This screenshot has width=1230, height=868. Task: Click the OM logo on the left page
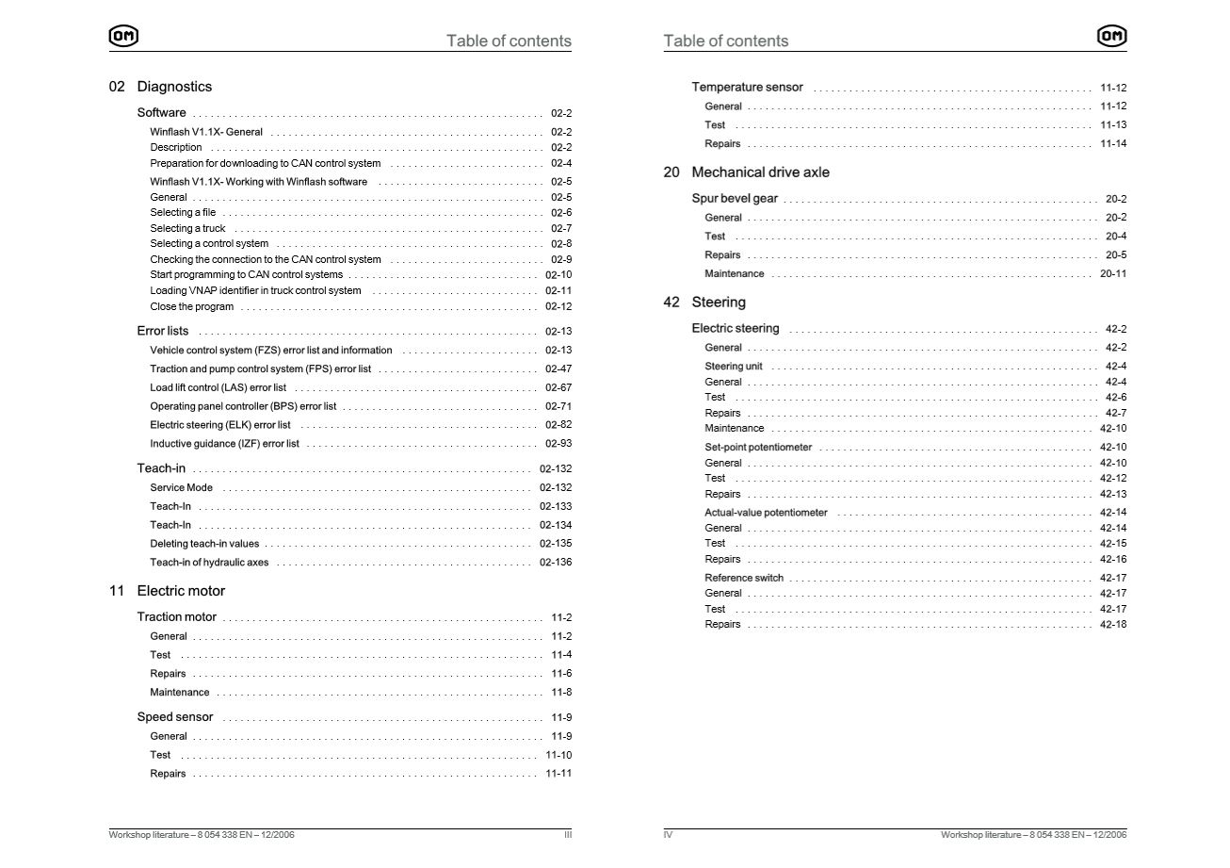[123, 37]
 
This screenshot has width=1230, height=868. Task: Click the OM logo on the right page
[1111, 37]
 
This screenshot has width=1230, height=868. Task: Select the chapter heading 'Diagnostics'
[174, 87]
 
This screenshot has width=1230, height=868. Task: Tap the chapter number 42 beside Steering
[672, 303]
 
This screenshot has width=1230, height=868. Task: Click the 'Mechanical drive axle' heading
[760, 172]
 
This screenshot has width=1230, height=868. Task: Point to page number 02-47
[558, 369]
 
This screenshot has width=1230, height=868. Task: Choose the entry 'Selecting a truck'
[187, 228]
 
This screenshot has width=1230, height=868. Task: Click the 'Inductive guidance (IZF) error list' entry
[224, 444]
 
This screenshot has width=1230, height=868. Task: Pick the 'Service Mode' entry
[181, 488]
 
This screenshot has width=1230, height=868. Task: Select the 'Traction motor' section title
[176, 617]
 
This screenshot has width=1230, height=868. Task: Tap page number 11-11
[558, 774]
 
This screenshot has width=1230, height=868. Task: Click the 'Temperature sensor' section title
[747, 88]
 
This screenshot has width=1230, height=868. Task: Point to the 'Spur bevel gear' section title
[735, 199]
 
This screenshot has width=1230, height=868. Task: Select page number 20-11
[1113, 274]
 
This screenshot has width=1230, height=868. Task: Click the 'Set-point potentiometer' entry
[757, 448]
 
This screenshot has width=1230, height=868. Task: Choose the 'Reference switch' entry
[743, 579]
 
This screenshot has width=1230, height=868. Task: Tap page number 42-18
[1113, 625]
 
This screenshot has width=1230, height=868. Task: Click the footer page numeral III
[567, 835]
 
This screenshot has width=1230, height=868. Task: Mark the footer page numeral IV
[668, 835]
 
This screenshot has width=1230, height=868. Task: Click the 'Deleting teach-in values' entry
[204, 544]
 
